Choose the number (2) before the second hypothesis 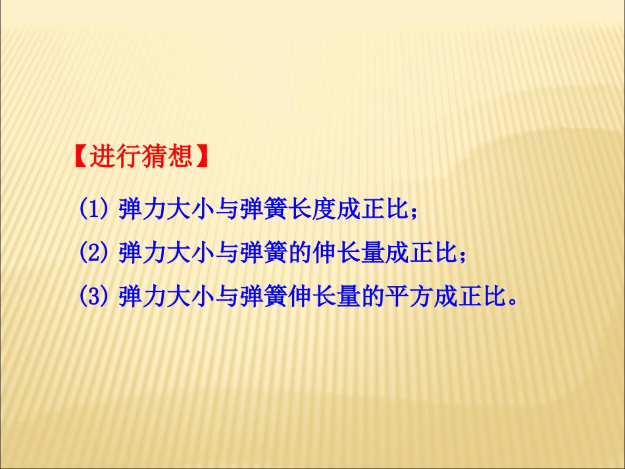[93, 253]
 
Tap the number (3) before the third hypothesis [93, 296]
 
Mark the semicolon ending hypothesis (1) [413, 212]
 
